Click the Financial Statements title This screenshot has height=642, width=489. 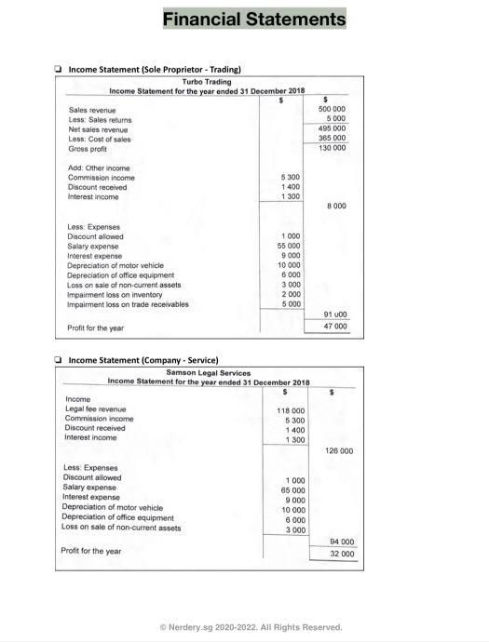tap(253, 19)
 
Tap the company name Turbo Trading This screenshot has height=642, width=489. tap(206, 82)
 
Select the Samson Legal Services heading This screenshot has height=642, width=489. tap(208, 372)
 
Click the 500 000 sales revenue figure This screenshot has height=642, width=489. tap(333, 109)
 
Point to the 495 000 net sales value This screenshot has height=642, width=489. tap(333, 128)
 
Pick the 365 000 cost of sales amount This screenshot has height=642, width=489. tap(333, 138)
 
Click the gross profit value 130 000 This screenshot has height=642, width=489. tap(333, 148)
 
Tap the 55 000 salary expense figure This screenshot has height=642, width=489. tap(289, 246)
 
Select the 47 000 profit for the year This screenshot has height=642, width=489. tap(334, 327)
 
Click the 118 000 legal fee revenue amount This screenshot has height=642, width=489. tap(291, 410)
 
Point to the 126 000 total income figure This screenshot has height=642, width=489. tap(339, 450)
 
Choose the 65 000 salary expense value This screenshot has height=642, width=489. tap(292, 489)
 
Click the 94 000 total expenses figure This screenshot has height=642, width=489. tap(341, 542)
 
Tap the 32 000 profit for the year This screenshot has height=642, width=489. tap(341, 554)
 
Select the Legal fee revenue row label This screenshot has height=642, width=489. tap(95, 409)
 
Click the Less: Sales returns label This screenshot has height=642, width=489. tap(100, 119)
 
